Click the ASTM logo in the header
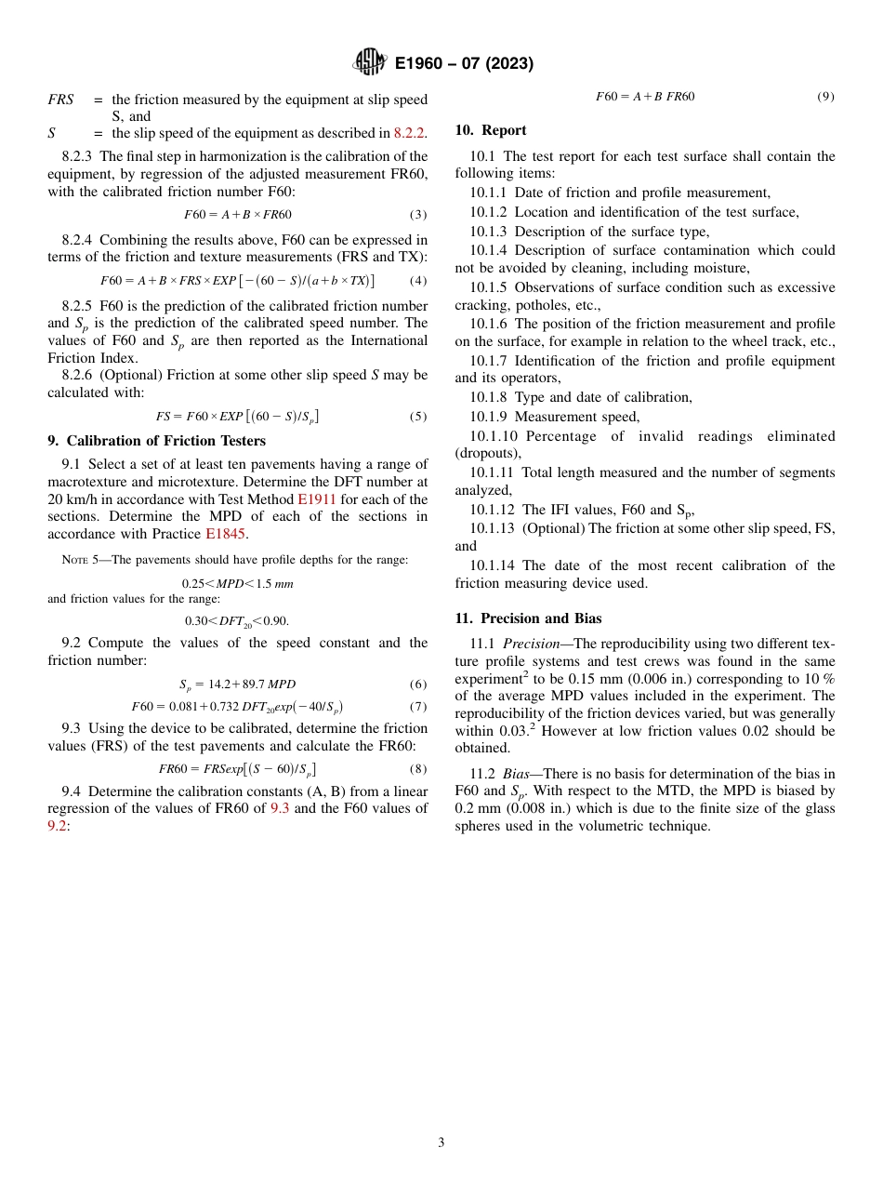pyautogui.click(x=369, y=62)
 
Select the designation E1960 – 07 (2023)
pyautogui.click(x=464, y=63)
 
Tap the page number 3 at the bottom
pyautogui.click(x=441, y=1142)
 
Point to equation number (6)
pyautogui.click(x=418, y=685)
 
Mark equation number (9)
pyautogui.click(x=825, y=97)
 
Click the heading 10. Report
pyautogui.click(x=491, y=130)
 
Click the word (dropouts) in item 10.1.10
pyautogui.click(x=488, y=453)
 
